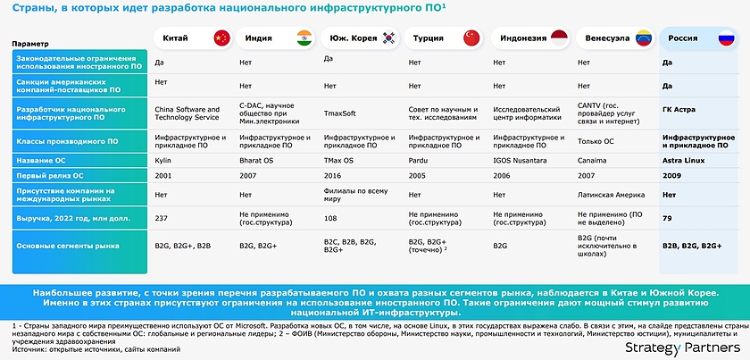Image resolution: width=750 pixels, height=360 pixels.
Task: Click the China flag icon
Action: [221, 38]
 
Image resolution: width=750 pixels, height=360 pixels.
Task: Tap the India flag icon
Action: [304, 38]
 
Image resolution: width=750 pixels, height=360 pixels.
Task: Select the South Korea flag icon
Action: [388, 38]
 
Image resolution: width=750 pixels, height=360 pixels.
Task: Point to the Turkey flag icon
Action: [471, 38]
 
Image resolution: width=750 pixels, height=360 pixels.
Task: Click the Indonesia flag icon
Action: [558, 38]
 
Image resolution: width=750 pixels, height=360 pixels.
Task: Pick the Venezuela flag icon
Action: [643, 38]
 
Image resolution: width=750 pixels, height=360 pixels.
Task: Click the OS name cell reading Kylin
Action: [164, 160]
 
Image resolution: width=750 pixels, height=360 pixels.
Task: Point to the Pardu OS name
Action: [419, 160]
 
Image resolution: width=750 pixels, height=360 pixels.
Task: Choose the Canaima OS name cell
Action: [594, 160]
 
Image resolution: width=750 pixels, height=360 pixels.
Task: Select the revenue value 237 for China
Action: [162, 216]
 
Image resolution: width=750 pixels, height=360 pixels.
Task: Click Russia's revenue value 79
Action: [667, 216]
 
